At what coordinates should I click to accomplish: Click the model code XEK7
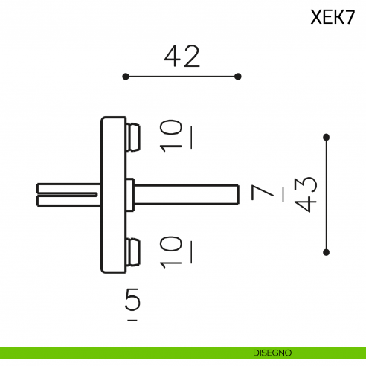click(x=333, y=18)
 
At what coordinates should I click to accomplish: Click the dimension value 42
click(x=182, y=57)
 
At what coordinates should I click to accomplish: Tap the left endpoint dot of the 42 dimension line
click(x=126, y=76)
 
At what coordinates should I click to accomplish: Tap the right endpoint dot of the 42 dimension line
click(x=238, y=76)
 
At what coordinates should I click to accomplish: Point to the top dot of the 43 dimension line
click(x=326, y=137)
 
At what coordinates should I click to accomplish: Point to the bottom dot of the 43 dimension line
click(x=326, y=253)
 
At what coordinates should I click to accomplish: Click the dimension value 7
click(x=262, y=193)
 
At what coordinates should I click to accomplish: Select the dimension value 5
click(x=132, y=301)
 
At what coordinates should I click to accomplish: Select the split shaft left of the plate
click(x=67, y=194)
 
